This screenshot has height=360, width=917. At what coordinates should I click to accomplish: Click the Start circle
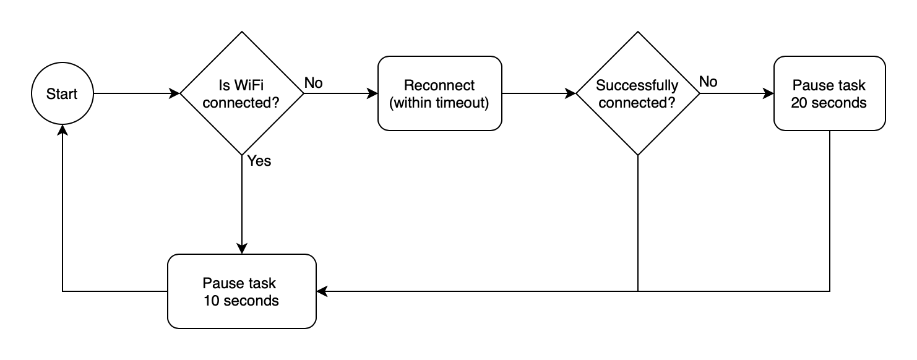click(x=62, y=93)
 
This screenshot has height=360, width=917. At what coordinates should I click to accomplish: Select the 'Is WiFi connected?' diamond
click(x=241, y=93)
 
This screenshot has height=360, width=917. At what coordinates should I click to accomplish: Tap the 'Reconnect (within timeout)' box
click(x=439, y=93)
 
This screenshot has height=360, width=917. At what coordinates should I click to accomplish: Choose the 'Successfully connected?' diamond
click(x=637, y=93)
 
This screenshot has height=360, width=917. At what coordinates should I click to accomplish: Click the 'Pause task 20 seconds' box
click(x=829, y=93)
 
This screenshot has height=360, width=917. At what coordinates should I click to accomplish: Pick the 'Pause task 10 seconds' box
click(x=241, y=291)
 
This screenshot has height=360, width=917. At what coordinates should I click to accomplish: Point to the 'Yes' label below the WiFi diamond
click(x=259, y=161)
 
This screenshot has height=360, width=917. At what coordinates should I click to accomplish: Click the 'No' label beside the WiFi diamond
click(x=313, y=82)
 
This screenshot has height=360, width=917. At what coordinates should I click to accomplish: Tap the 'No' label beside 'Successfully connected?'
click(x=709, y=82)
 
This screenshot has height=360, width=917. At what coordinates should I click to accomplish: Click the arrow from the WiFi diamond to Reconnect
click(x=340, y=93)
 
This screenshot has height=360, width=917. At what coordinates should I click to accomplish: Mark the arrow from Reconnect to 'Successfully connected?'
click(x=538, y=93)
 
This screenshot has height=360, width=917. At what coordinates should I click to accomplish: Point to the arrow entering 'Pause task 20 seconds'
click(x=736, y=93)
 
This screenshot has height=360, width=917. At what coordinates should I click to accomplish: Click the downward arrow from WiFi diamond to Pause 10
click(x=241, y=204)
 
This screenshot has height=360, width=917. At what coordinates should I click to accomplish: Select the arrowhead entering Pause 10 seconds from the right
click(x=322, y=291)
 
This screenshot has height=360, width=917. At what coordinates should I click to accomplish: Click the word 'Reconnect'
click(x=439, y=85)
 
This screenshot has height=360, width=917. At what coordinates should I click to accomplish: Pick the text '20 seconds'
click(x=829, y=102)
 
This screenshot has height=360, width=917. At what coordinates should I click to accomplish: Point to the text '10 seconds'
click(x=241, y=301)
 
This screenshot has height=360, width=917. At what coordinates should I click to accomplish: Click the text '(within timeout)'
click(x=439, y=102)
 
